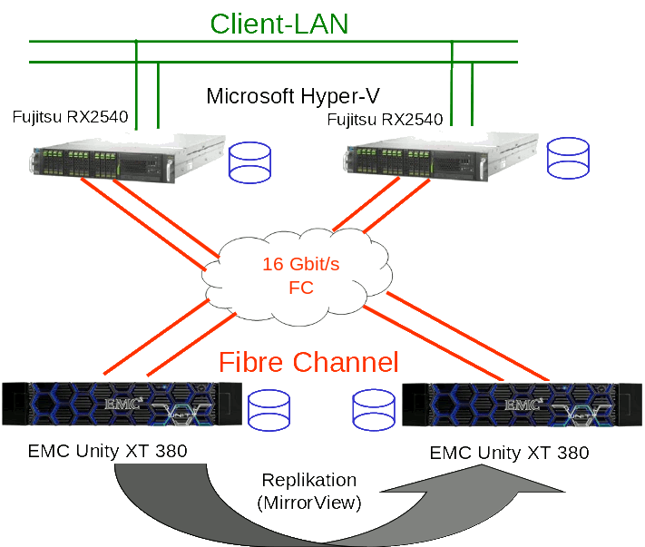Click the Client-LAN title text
(279, 23)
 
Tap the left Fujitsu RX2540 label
(70, 117)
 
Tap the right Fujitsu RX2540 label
(385, 119)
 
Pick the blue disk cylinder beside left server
(251, 161)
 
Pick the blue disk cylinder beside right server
(569, 157)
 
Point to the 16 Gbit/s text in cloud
(300, 265)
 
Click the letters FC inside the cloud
(300, 288)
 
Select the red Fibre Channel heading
(308, 363)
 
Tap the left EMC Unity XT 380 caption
(108, 451)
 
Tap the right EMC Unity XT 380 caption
(509, 453)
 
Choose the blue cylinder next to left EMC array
(269, 411)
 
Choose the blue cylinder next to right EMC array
(375, 411)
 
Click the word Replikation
(308, 480)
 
